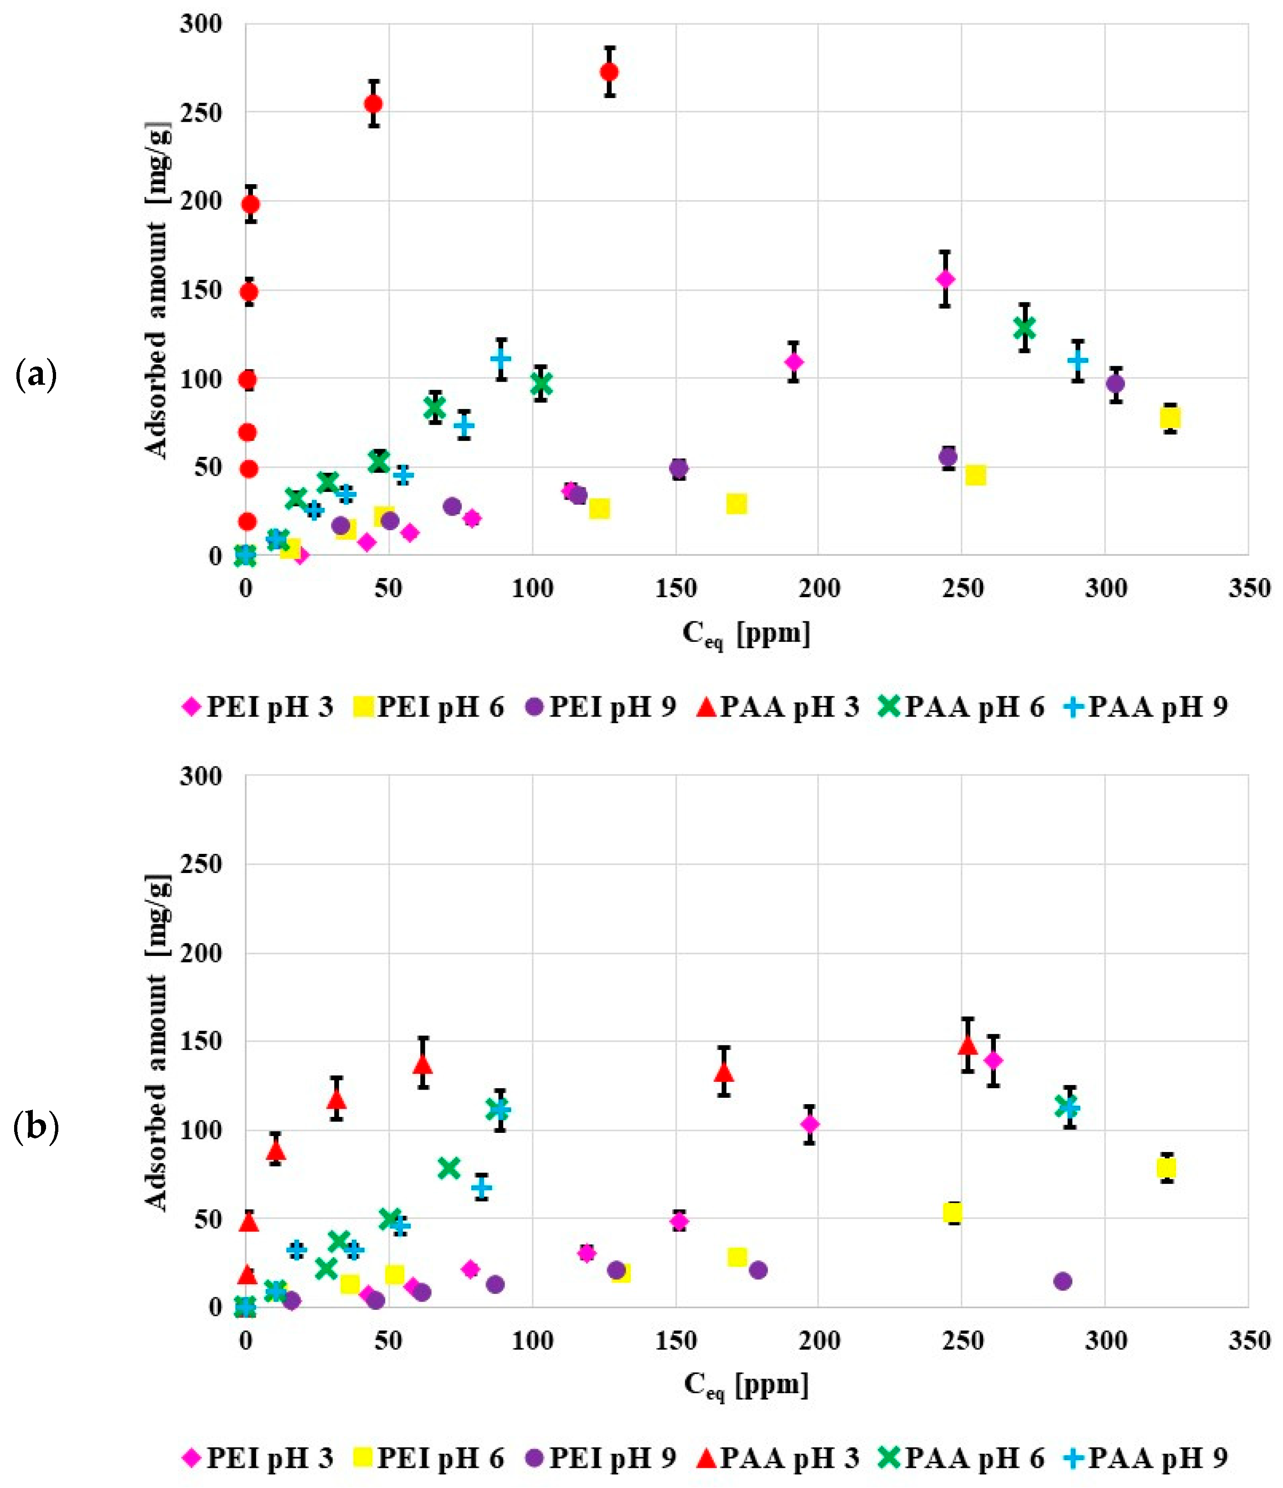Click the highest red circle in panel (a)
(x=609, y=72)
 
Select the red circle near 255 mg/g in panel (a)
(x=373, y=104)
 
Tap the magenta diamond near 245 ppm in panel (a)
(x=946, y=279)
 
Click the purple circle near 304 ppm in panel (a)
(x=1115, y=384)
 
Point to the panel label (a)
(x=36, y=376)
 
